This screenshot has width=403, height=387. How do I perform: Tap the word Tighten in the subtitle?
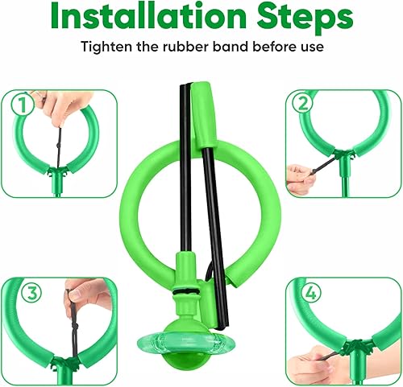[106, 47]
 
